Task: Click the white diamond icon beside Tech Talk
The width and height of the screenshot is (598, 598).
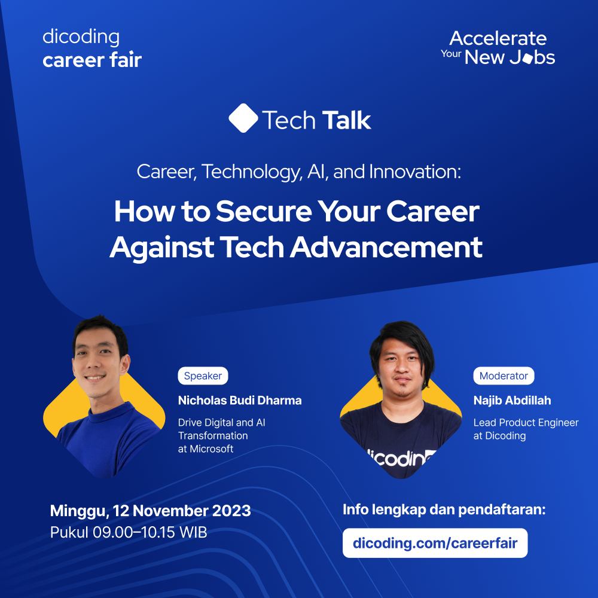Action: pos(243,118)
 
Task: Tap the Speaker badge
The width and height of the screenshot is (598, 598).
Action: pos(203,376)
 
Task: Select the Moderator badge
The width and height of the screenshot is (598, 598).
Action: pos(504,376)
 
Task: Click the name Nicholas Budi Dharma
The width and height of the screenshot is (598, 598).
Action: pos(240,400)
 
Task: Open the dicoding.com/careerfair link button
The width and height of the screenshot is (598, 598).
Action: pos(435,543)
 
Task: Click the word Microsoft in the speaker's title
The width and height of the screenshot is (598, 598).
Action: pos(212,448)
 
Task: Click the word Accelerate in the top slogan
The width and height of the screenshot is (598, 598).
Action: pos(498,39)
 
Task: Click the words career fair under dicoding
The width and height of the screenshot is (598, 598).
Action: pos(92,60)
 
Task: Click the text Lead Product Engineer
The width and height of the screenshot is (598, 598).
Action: pos(526,423)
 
